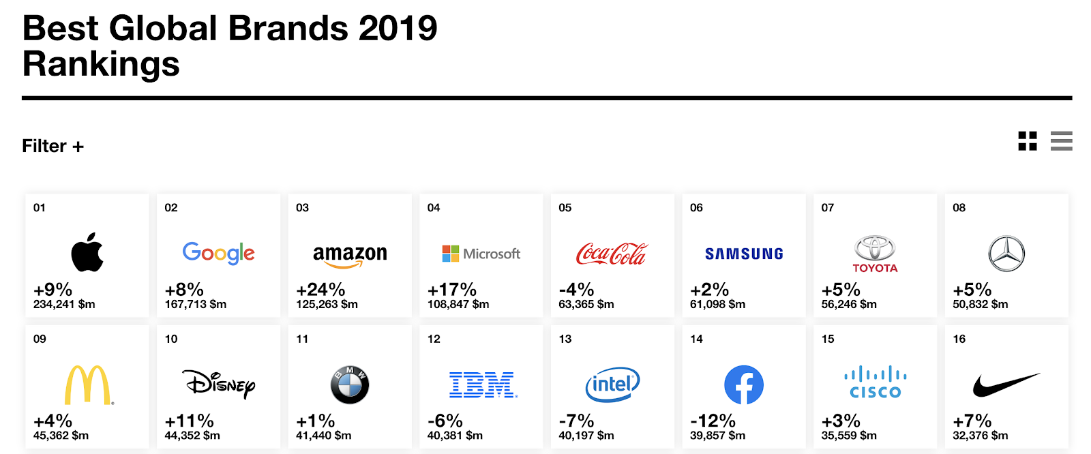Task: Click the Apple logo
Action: tap(87, 252)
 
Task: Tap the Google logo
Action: tap(218, 253)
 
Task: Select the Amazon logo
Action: tap(350, 255)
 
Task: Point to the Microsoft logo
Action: tap(481, 254)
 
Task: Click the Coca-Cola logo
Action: tap(612, 254)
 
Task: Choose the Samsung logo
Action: tap(744, 254)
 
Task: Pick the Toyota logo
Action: tap(875, 254)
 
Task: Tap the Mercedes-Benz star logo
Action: tap(1006, 254)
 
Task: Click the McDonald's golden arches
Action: tap(88, 385)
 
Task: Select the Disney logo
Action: tap(219, 384)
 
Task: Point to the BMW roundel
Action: tap(350, 385)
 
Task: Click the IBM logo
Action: tap(483, 385)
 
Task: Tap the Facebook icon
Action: tap(744, 385)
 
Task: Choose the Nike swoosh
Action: tap(1006, 385)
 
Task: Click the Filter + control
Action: tap(53, 146)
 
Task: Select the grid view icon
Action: tap(1028, 141)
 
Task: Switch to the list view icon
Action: tap(1061, 141)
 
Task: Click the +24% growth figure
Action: tap(320, 290)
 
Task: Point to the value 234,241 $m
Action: tap(64, 304)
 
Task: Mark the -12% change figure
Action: tap(713, 421)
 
